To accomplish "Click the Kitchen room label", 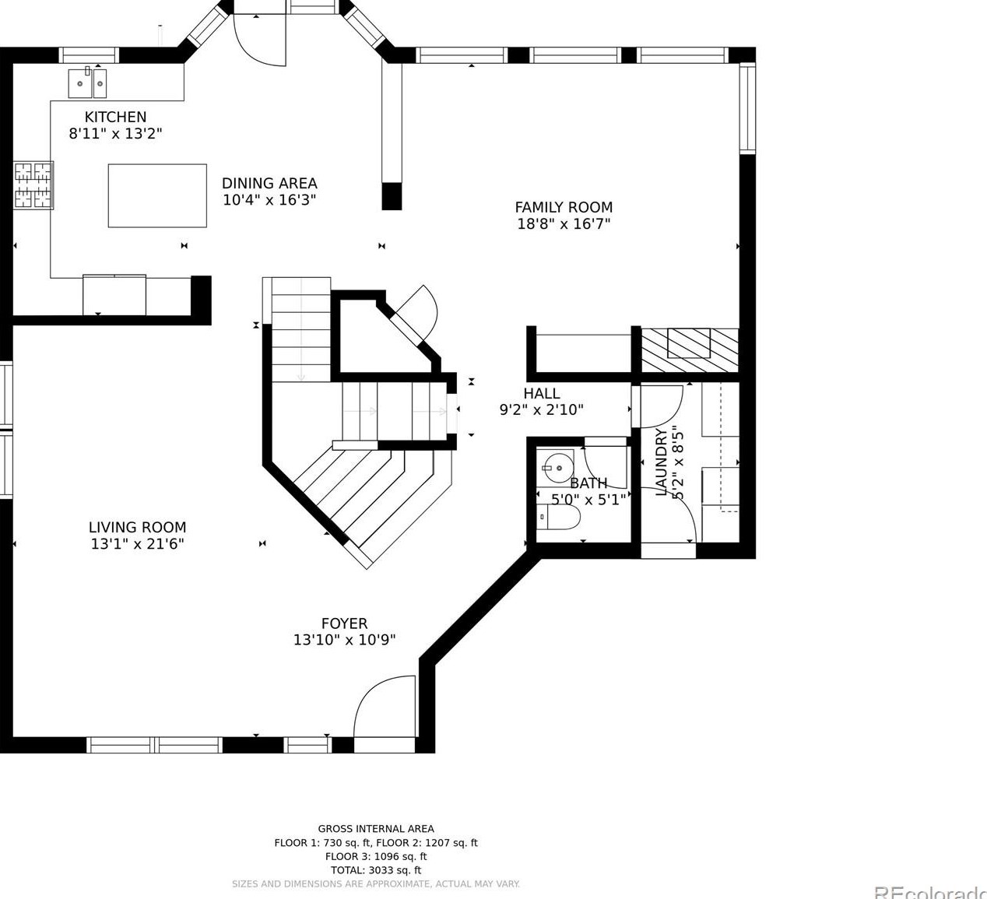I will pos(115,117).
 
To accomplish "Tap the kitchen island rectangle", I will pos(157,195).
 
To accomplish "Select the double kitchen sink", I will pos(87,83).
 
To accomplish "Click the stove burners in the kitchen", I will pos(33,184).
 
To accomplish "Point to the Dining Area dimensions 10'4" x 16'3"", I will pos(269,200).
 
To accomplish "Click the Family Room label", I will pos(564,207).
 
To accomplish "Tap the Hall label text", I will pos(541,393).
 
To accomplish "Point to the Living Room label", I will pos(137,527).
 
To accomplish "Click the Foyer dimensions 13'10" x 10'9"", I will pos(344,640).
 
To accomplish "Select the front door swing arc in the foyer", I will pos(381,704).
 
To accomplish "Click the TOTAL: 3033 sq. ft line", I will pos(376,870).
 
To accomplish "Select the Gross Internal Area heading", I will pos(376,829).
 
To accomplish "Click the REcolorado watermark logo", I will pos(929,892).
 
